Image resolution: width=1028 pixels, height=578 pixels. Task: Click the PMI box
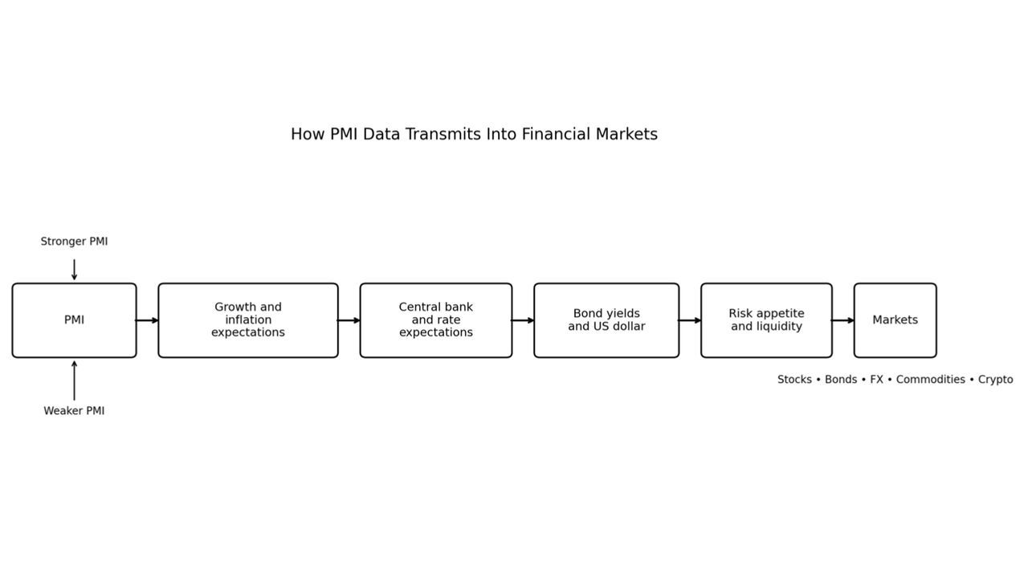(74, 320)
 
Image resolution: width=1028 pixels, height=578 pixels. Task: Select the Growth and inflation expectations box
(248, 320)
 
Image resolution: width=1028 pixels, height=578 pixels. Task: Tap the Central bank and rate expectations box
(436, 320)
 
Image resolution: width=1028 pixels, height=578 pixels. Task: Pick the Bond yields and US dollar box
(606, 320)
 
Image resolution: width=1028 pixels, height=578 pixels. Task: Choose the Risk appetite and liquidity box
(766, 320)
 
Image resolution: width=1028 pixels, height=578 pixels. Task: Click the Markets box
(895, 320)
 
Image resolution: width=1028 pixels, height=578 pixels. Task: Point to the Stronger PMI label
(74, 242)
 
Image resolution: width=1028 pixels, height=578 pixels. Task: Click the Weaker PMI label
(74, 411)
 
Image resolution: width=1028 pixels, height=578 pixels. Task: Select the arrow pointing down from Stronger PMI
(74, 270)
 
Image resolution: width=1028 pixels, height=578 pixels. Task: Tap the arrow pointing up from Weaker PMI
(74, 381)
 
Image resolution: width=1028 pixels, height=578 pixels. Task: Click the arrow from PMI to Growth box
(147, 320)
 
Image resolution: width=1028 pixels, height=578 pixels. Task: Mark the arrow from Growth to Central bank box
(349, 320)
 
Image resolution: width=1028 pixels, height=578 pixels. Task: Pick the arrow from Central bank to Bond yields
(523, 320)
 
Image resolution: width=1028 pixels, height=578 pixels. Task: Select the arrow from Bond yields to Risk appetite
(690, 320)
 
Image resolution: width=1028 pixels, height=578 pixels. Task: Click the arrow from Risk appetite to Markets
(842, 320)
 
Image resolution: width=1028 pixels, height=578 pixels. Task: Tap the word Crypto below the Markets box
(995, 380)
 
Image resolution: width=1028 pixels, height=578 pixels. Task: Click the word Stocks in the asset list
(794, 380)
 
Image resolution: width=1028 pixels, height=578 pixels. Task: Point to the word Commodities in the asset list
(930, 380)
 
